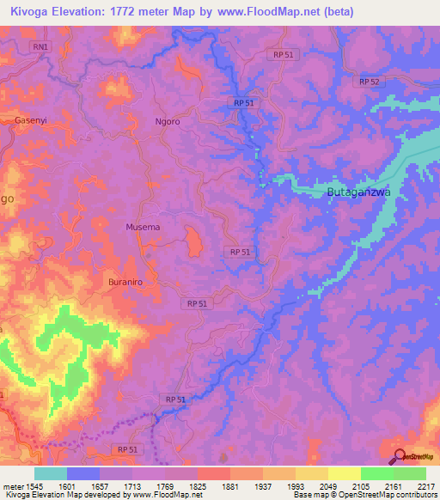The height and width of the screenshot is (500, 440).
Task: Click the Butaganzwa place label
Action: pyautogui.click(x=358, y=192)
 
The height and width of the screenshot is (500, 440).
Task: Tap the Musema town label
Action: pyautogui.click(x=143, y=227)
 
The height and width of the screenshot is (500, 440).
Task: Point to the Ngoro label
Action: pyautogui.click(x=167, y=122)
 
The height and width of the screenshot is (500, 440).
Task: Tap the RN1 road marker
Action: pyautogui.click(x=40, y=46)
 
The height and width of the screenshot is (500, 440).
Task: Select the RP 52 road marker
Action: pyautogui.click(x=370, y=81)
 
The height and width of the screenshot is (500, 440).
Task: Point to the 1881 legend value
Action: pyautogui.click(x=229, y=485)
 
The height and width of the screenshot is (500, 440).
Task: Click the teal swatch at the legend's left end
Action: pyautogui.click(x=50, y=473)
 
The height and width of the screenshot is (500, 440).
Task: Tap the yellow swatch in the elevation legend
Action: pyautogui.click(x=344, y=473)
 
